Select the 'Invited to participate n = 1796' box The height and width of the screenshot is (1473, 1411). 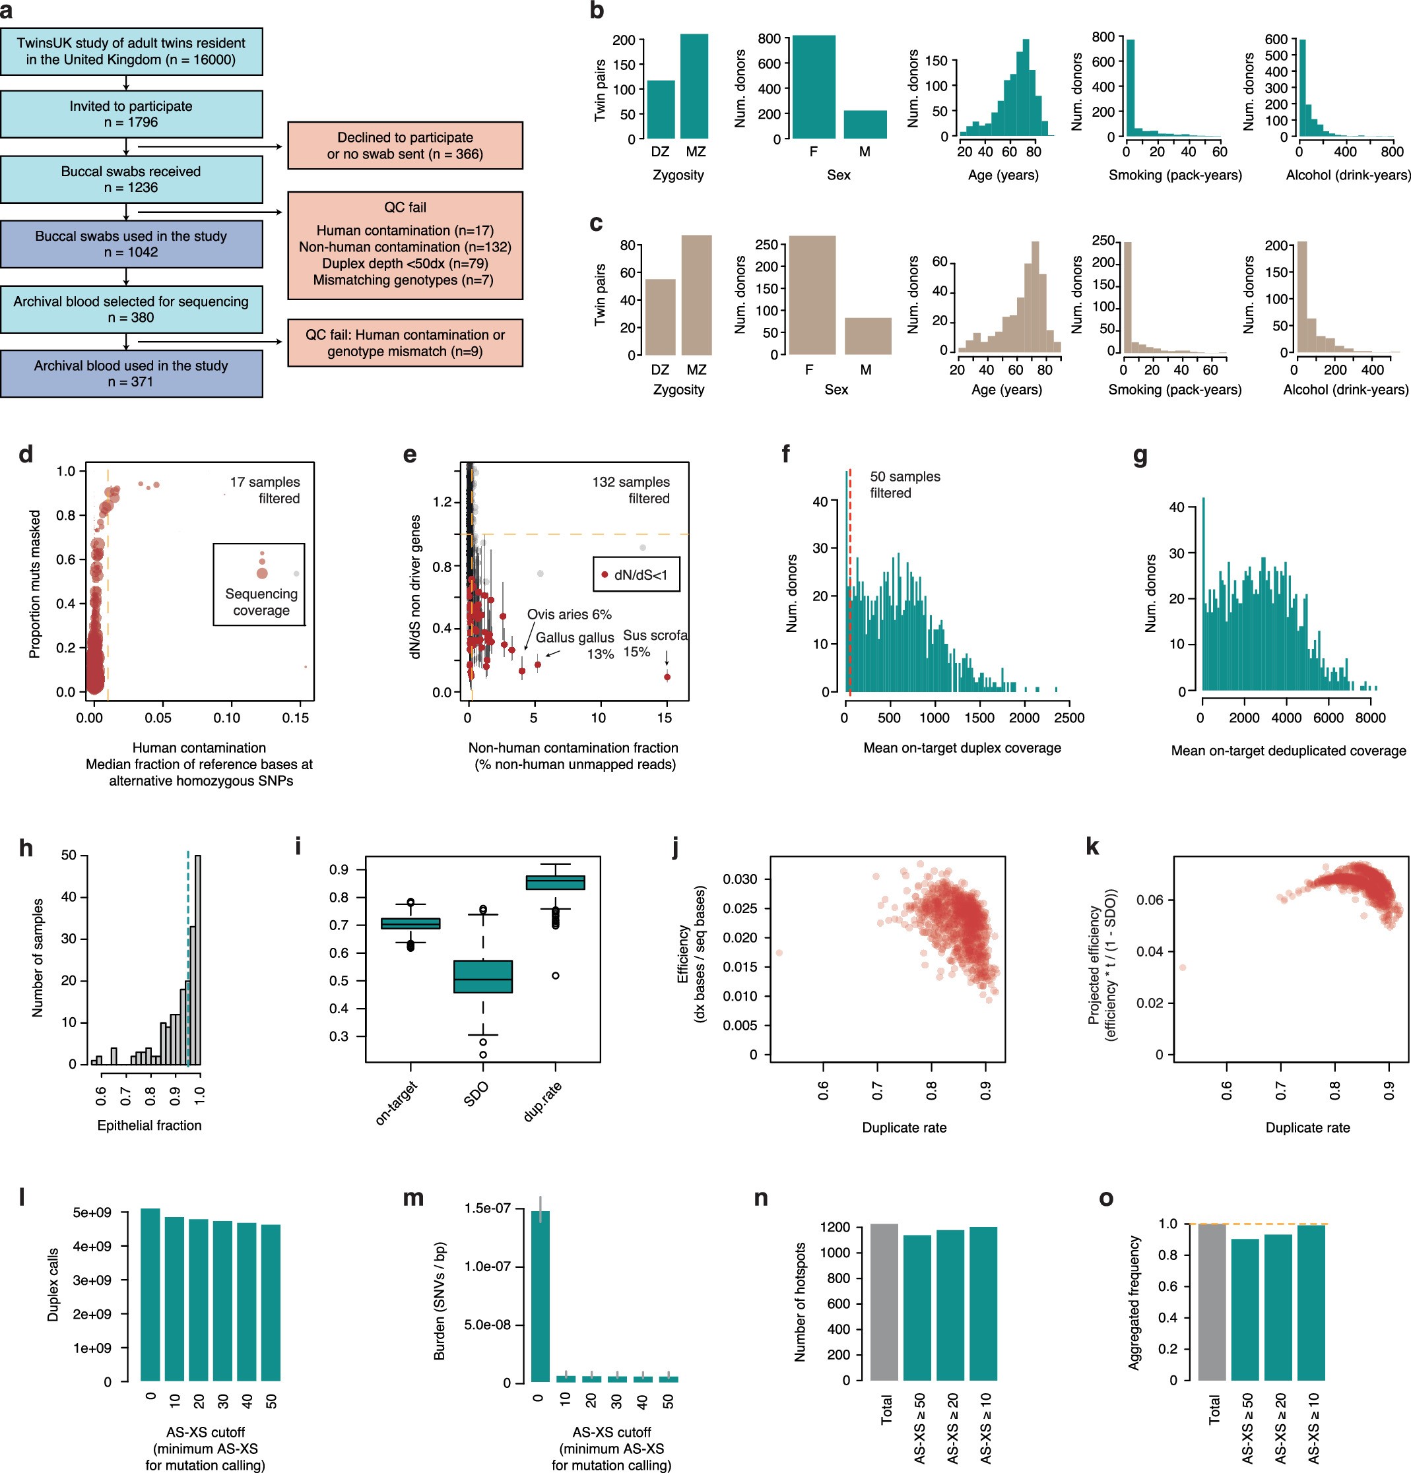pyautogui.click(x=131, y=114)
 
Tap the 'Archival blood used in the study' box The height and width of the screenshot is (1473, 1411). pyautogui.click(x=131, y=373)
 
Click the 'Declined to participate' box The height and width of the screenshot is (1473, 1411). pyautogui.click(x=405, y=146)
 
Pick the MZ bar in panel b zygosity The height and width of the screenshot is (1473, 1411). pyautogui.click(x=694, y=86)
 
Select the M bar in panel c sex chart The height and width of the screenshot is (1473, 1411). pyautogui.click(x=867, y=336)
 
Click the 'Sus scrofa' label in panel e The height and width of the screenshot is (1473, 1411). pyautogui.click(x=655, y=635)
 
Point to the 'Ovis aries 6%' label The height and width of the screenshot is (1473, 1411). pyautogui.click(x=569, y=614)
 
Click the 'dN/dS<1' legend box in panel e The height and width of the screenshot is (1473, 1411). pyautogui.click(x=636, y=575)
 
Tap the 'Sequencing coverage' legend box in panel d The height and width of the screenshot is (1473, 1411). pyautogui.click(x=259, y=584)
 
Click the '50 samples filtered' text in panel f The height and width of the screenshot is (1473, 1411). pyautogui.click(x=904, y=485)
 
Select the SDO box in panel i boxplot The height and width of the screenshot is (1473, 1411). pyautogui.click(x=482, y=976)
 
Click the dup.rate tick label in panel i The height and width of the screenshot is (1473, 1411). pyautogui.click(x=542, y=1102)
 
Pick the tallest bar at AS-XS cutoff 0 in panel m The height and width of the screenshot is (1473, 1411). pyautogui.click(x=540, y=1296)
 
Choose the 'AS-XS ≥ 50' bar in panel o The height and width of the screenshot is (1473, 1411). pyautogui.click(x=1244, y=1309)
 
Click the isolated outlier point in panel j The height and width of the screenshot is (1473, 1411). pyautogui.click(x=779, y=953)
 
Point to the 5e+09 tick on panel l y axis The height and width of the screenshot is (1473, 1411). pyautogui.click(x=92, y=1212)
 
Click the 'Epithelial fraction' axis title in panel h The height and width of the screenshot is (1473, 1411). pyautogui.click(x=150, y=1125)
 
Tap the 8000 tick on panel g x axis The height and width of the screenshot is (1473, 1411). pyautogui.click(x=1369, y=718)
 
